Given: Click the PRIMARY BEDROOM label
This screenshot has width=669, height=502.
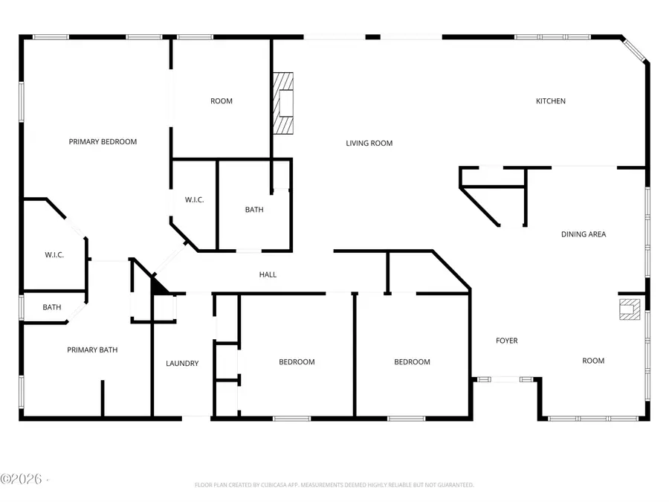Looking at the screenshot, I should click(103, 141).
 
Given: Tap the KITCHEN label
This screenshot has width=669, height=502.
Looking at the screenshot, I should click(551, 101).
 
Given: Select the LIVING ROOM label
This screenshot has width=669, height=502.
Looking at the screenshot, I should click(369, 144).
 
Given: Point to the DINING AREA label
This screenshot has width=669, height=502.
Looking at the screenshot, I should click(583, 234).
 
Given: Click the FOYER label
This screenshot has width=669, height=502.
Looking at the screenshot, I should click(507, 341).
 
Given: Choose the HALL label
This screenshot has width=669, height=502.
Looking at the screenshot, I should click(268, 274).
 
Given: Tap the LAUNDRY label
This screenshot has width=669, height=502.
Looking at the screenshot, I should click(182, 364).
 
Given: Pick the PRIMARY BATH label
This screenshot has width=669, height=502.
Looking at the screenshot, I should click(92, 350).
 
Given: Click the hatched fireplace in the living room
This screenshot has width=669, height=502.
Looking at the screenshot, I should click(282, 103).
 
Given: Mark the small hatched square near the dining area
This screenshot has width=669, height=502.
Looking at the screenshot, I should click(629, 309).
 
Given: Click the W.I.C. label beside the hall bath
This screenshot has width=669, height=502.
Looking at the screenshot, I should click(195, 199).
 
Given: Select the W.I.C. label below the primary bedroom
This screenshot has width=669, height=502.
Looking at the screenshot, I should click(54, 255).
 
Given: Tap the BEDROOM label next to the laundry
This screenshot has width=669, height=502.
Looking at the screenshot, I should click(297, 362).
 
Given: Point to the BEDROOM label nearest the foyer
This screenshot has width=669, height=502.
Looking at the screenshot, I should click(412, 362).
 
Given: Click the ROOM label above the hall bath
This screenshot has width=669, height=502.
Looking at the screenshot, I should click(221, 101).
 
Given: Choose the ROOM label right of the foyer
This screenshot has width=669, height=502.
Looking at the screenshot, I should click(593, 361).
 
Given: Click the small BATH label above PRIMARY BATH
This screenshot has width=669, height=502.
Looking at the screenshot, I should click(52, 307).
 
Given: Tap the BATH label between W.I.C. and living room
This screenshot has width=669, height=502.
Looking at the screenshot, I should click(254, 210).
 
